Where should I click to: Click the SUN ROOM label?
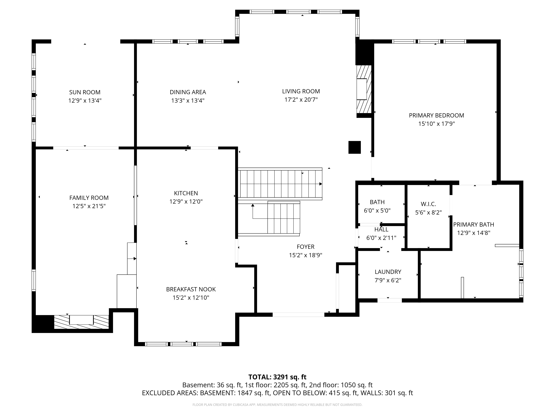pos(85,92)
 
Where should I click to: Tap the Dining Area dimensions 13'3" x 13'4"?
pos(188,101)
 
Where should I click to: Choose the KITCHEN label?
pos(186,193)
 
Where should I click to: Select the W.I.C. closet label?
pos(428,204)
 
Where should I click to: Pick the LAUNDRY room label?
pos(388,272)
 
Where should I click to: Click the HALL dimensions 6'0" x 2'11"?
pos(381,238)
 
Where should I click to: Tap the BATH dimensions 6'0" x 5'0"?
pos(377,210)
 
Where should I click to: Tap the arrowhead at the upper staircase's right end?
pos(321,184)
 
